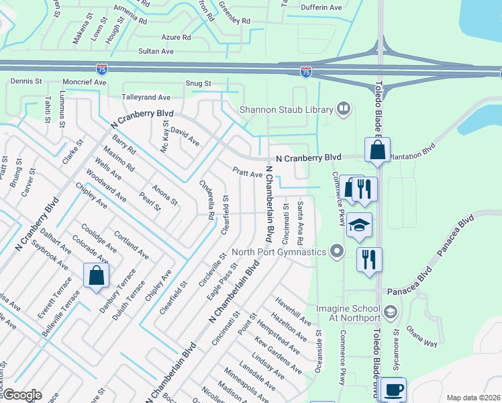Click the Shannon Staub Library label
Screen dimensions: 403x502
tap(287, 109)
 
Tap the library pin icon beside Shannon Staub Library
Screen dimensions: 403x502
tap(344, 109)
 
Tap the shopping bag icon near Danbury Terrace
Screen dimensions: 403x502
tap(96, 275)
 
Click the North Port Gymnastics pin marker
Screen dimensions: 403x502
tap(337, 252)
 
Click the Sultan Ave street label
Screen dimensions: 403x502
tap(156, 51)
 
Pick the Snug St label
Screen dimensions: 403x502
tap(199, 84)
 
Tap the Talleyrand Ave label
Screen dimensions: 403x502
tap(146, 97)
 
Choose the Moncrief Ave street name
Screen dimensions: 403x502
tap(85, 82)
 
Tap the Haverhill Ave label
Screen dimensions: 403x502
tap(293, 308)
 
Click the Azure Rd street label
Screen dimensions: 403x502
tap(176, 38)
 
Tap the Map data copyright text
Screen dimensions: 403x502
tap(474, 398)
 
